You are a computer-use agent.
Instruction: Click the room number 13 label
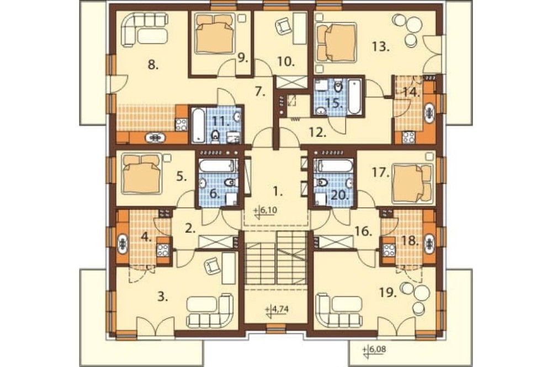tap(380, 46)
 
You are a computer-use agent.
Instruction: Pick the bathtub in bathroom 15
tap(354, 96)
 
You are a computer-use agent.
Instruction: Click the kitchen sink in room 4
tap(123, 243)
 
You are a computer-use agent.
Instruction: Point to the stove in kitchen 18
tap(388, 249)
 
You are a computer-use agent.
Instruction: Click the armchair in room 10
tap(282, 26)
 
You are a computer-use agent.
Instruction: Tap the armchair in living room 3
tap(213, 266)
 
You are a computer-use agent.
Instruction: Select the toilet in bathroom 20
tap(321, 182)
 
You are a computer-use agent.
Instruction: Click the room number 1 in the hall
tap(278, 192)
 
